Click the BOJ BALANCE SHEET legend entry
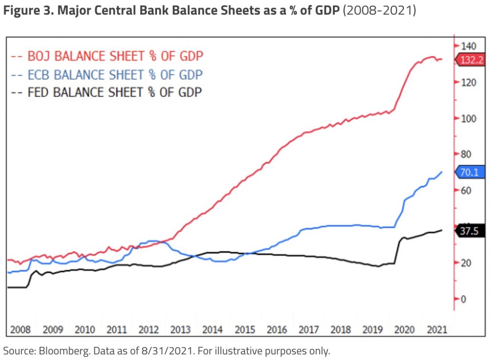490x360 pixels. pyautogui.click(x=107, y=56)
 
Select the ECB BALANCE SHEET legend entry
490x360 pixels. pyautogui.click(x=106, y=74)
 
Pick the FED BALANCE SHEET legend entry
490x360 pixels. pyautogui.click(x=106, y=92)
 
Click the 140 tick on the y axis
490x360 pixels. pyautogui.click(x=468, y=46)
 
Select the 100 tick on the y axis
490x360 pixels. pyautogui.click(x=468, y=118)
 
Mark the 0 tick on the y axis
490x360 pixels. pyautogui.click(x=463, y=299)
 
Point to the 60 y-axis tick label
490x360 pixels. pyautogui.click(x=466, y=191)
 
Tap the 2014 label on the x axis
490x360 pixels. pyautogui.click(x=212, y=330)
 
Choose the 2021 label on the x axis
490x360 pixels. pyautogui.click(x=436, y=330)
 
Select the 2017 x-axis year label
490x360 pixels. pyautogui.click(x=309, y=330)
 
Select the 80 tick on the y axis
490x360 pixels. pyautogui.click(x=466, y=154)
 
